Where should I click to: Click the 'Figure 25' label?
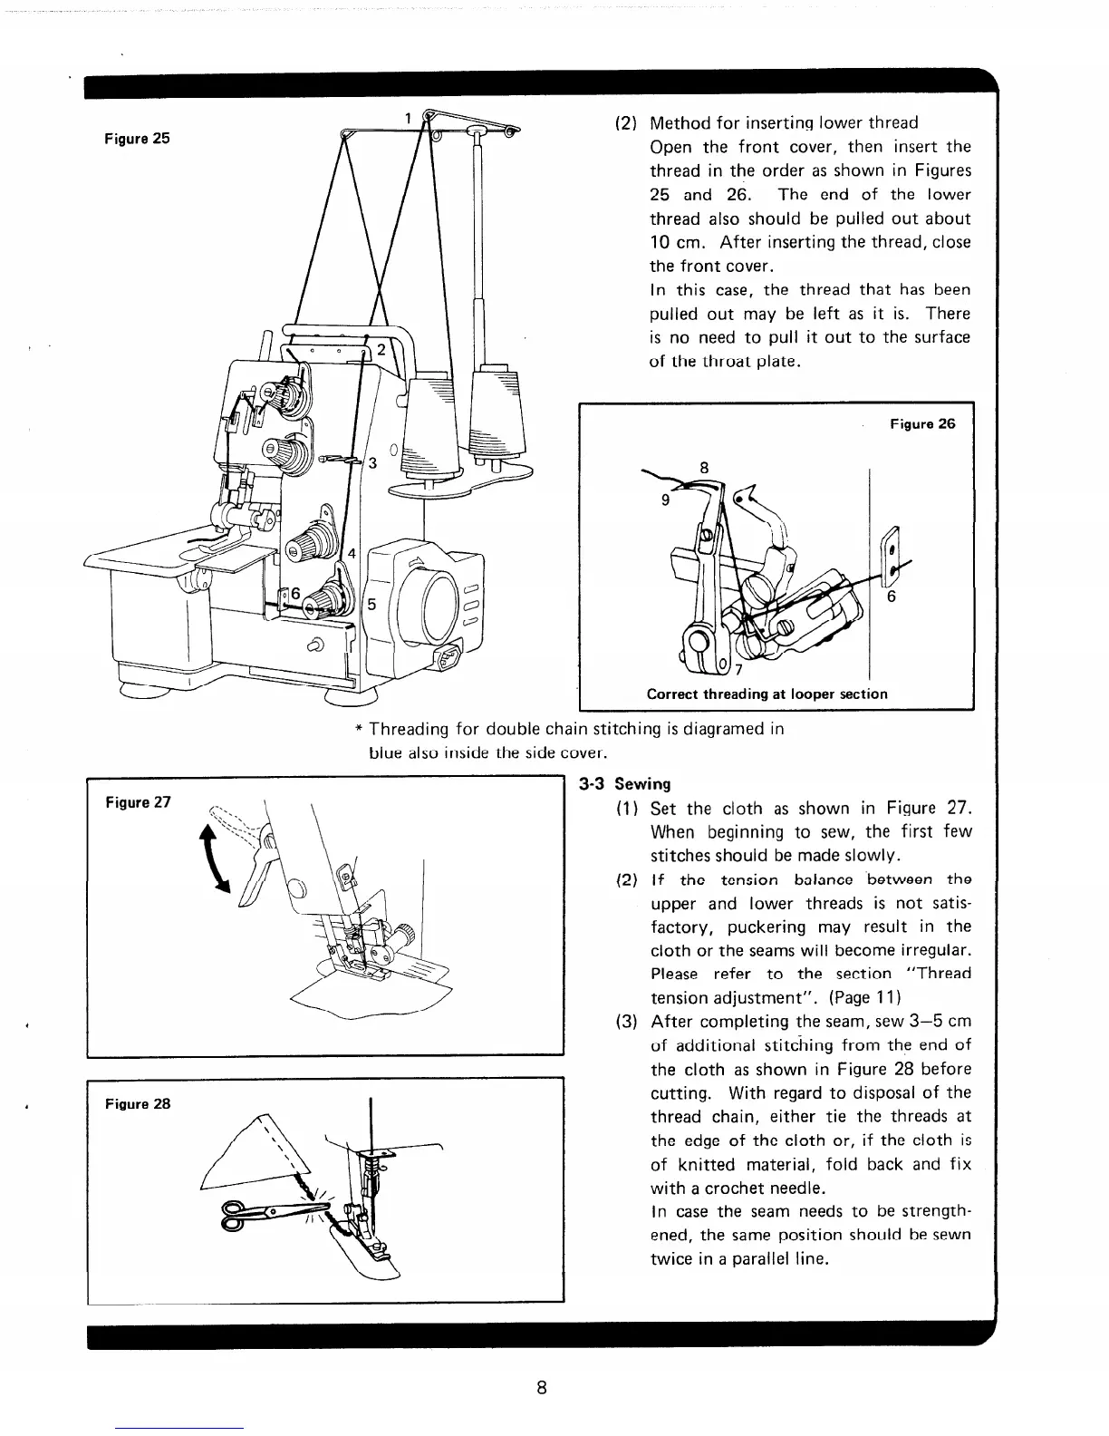tap(135, 139)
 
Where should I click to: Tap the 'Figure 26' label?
tap(922, 423)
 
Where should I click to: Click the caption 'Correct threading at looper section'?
tap(767, 694)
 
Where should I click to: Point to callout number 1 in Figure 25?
tap(408, 117)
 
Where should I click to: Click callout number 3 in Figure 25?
tap(371, 464)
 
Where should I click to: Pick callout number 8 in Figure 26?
tap(703, 469)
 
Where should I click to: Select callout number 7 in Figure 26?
tap(738, 671)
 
